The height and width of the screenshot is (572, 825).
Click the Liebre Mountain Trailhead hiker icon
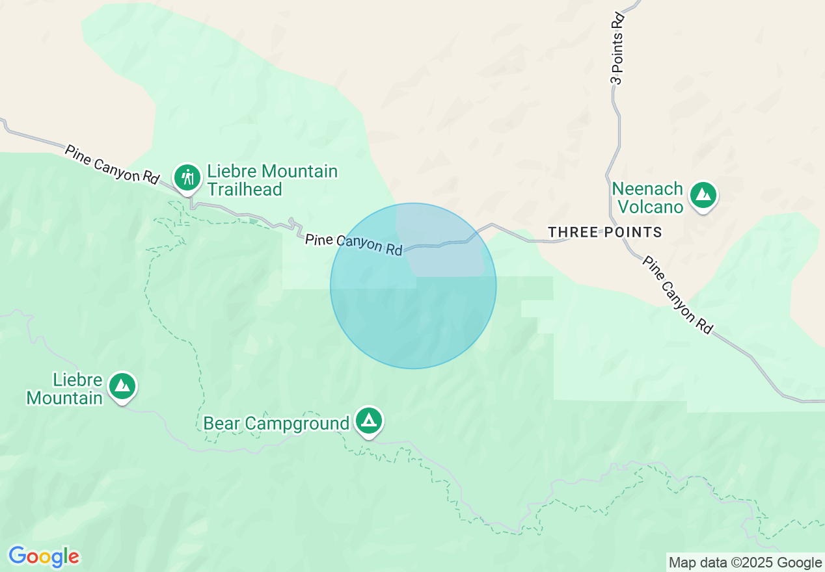(x=188, y=176)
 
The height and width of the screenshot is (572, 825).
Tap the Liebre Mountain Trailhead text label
(x=272, y=180)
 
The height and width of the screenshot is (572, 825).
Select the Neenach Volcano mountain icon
(x=703, y=194)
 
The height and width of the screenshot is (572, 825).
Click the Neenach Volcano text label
(x=647, y=198)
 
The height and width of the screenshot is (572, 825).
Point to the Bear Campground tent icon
(x=369, y=421)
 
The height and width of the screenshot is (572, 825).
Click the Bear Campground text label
(x=276, y=423)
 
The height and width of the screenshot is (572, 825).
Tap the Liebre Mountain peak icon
(x=122, y=386)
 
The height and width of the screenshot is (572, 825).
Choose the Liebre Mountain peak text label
(x=65, y=389)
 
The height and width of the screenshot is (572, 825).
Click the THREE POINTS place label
(x=604, y=232)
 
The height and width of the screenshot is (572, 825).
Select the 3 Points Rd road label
(x=617, y=49)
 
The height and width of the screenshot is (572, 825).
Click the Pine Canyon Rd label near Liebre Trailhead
(x=112, y=164)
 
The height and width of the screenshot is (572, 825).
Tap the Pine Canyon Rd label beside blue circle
(x=354, y=244)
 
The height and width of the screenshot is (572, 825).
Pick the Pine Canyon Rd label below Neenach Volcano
(x=677, y=294)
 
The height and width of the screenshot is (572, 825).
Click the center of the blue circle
(x=413, y=286)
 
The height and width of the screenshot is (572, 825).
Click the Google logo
(x=44, y=556)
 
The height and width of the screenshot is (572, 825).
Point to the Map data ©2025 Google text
(x=746, y=562)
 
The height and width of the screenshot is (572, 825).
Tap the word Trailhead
(x=244, y=189)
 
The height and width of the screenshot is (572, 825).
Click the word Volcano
(x=650, y=207)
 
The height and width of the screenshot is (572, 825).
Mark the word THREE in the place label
(x=571, y=232)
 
